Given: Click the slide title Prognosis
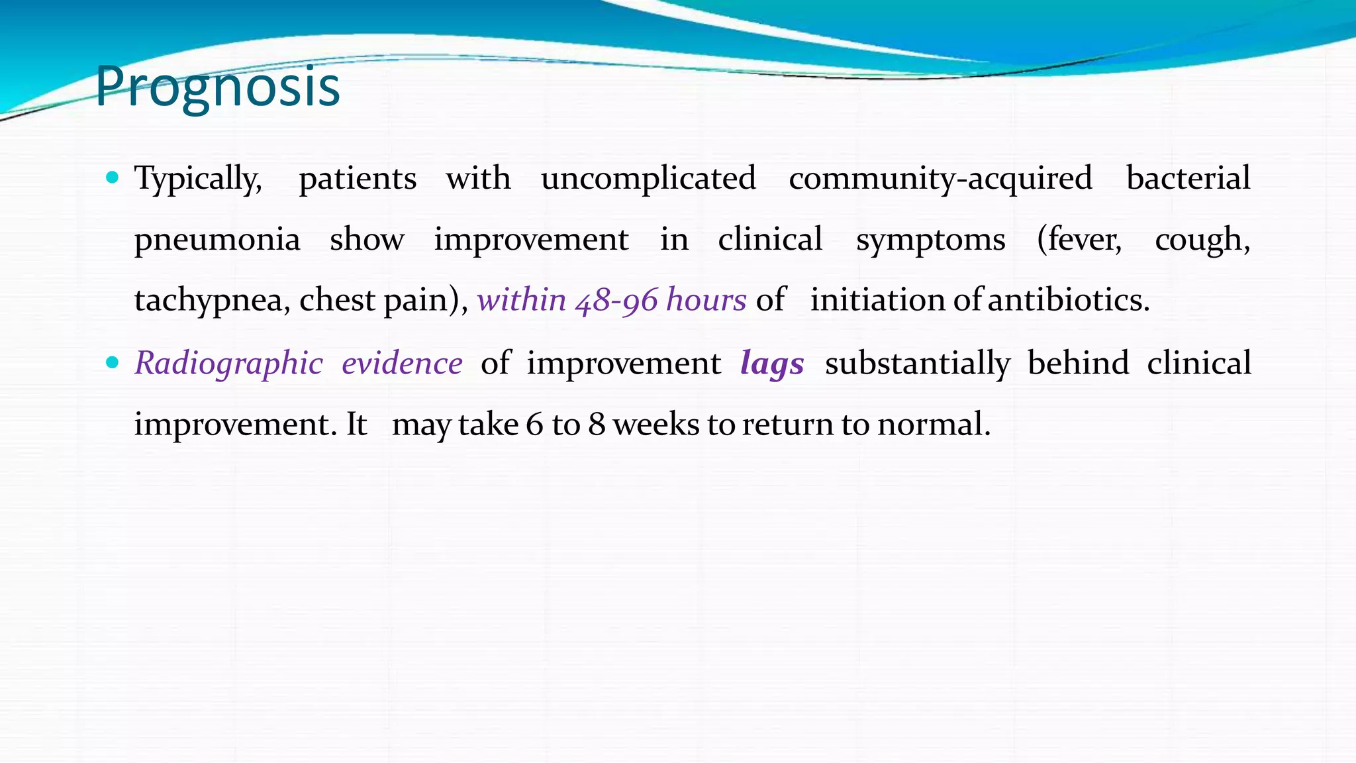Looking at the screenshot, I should pos(217,87).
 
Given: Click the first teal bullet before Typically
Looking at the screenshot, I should pos(112,178).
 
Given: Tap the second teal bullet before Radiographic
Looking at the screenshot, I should pos(112,362).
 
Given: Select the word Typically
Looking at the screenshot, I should pos(197,179).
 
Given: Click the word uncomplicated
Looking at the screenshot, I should pos(648,179).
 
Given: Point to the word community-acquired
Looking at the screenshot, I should pos(940,179).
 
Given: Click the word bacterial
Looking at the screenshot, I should pos(1188,179).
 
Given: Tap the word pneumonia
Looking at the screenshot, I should pos(217,240).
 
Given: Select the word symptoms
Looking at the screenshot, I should pos(930,240).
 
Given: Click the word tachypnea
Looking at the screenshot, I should pos(211,301).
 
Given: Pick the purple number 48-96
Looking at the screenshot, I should pos(616,301).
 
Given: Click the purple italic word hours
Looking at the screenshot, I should pos(706,301).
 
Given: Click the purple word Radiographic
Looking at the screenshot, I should pos(228,364).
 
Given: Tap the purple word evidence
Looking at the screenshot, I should pos(402,364).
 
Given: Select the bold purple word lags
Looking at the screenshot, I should pos(772,364).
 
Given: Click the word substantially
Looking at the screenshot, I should pos(917,364).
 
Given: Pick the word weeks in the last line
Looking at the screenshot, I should pos(655,425).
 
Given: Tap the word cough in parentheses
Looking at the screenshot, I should pos(1201,240).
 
